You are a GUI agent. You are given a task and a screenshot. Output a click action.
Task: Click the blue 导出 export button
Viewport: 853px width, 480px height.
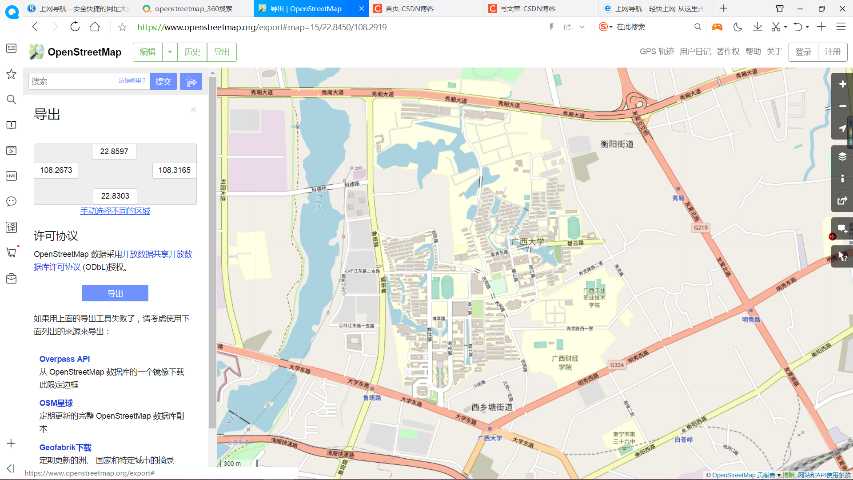coord(115,293)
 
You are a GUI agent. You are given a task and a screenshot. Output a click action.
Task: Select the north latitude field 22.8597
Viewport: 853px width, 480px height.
coord(114,152)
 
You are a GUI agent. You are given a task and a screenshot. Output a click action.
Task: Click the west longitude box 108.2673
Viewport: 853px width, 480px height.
coord(56,170)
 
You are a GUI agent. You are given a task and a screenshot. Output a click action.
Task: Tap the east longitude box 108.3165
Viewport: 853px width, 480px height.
coord(174,170)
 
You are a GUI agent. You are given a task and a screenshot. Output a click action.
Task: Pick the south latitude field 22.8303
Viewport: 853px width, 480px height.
coord(115,196)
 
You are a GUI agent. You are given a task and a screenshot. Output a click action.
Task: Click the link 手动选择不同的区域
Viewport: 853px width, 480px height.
coord(115,211)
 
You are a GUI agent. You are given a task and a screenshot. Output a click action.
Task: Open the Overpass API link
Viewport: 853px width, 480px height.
coord(64,359)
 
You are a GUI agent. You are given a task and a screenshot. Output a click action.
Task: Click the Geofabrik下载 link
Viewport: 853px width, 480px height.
coord(65,447)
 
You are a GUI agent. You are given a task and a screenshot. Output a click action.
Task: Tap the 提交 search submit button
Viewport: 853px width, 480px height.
coord(163,81)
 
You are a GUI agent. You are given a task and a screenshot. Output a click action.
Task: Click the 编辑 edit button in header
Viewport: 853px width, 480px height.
coord(147,52)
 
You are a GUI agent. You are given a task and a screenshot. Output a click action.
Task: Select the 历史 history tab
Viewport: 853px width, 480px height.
coord(192,52)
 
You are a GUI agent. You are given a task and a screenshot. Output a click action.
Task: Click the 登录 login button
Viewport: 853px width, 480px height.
coord(803,52)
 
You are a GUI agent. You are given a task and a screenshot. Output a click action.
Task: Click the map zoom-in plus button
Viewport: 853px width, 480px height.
coord(842,84)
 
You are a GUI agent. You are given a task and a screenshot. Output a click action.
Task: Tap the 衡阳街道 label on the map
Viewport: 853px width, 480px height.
coord(617,144)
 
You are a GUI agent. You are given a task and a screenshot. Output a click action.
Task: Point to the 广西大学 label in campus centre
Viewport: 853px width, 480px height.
coord(527,242)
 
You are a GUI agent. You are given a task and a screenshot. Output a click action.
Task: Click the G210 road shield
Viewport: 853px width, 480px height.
coord(701,228)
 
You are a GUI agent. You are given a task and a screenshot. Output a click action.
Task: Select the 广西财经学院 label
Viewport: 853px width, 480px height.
coord(565,363)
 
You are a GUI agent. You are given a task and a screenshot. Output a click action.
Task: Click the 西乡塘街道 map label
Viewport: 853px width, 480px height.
coord(492,407)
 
